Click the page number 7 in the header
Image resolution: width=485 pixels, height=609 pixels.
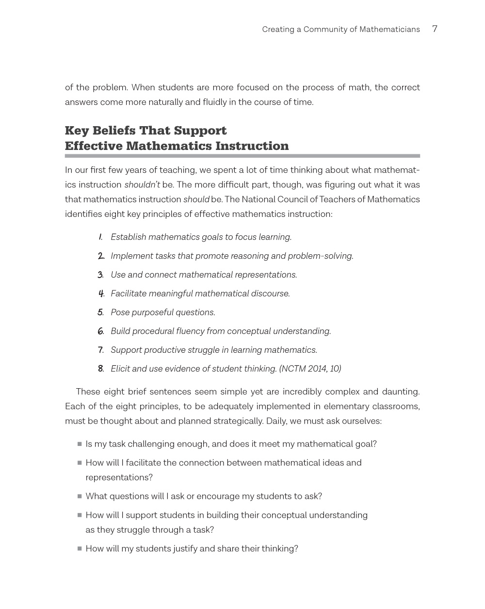435,29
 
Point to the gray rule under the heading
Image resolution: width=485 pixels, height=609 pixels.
242,156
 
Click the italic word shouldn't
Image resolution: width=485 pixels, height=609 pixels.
142,185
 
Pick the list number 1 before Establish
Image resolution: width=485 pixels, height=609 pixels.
100,237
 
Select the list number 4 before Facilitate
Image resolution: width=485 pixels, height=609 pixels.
101,294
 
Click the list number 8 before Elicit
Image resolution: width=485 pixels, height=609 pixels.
100,369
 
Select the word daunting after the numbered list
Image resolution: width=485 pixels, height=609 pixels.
401,392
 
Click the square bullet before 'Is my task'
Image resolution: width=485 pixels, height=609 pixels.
80,444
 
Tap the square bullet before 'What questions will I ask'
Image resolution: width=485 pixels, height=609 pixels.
80,496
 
